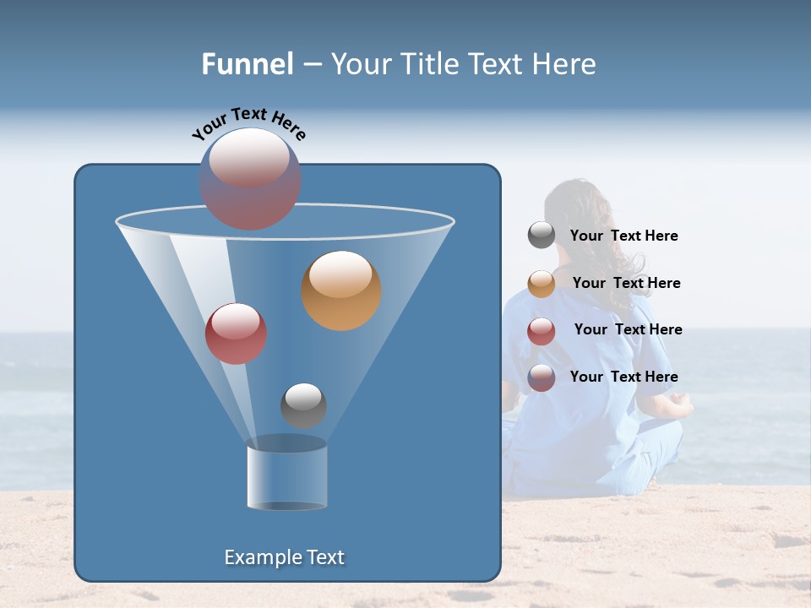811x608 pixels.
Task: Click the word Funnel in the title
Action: click(x=248, y=63)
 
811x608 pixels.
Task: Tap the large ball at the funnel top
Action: click(x=250, y=178)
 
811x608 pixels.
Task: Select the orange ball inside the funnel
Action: click(x=341, y=290)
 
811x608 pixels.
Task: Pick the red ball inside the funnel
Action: click(x=236, y=334)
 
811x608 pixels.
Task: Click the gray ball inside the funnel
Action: click(x=303, y=405)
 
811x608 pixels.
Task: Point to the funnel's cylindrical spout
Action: click(x=286, y=477)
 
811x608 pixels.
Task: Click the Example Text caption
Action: click(x=284, y=557)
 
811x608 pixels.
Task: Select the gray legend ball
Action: click(x=542, y=236)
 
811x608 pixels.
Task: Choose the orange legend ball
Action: click(x=542, y=283)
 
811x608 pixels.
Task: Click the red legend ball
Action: click(x=542, y=330)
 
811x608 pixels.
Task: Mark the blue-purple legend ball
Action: click(x=542, y=377)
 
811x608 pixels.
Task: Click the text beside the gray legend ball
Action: click(x=623, y=236)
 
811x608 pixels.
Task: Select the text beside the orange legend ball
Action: click(x=626, y=284)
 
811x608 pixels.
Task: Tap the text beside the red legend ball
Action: click(x=628, y=330)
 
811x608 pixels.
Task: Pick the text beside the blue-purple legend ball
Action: click(x=623, y=377)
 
